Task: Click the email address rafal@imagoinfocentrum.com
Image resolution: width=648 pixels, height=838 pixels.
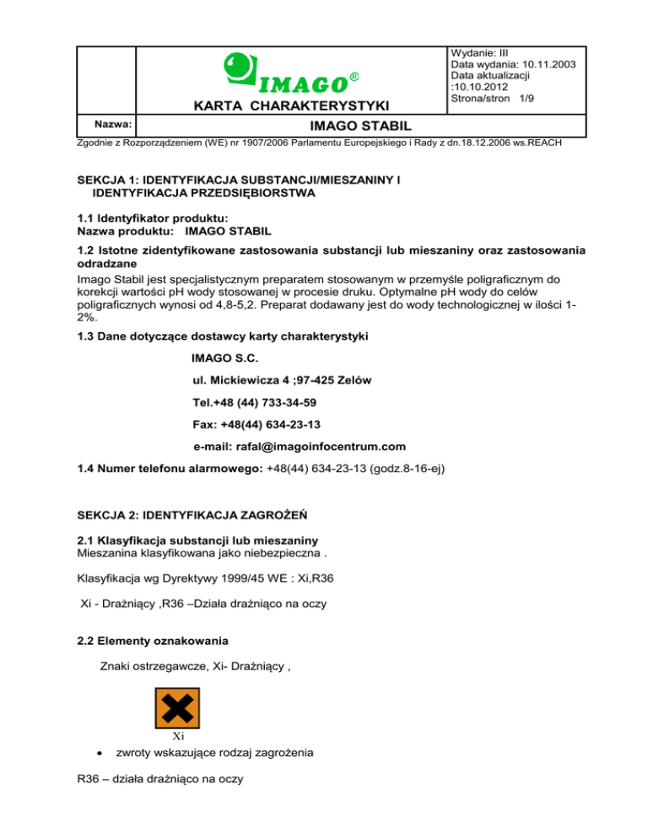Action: click(x=311, y=446)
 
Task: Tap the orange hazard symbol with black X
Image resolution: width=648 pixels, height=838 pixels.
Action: click(x=177, y=709)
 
